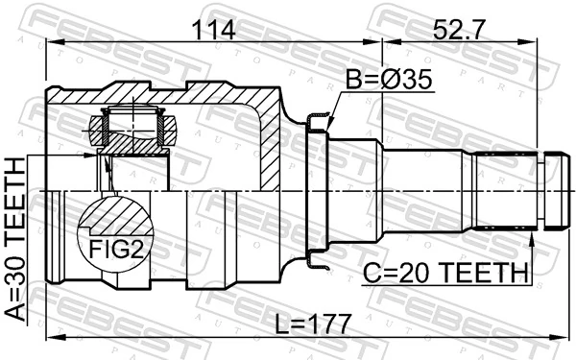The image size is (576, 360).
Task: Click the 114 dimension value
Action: coord(215,30)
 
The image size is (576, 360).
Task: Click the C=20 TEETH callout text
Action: coord(445,274)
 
